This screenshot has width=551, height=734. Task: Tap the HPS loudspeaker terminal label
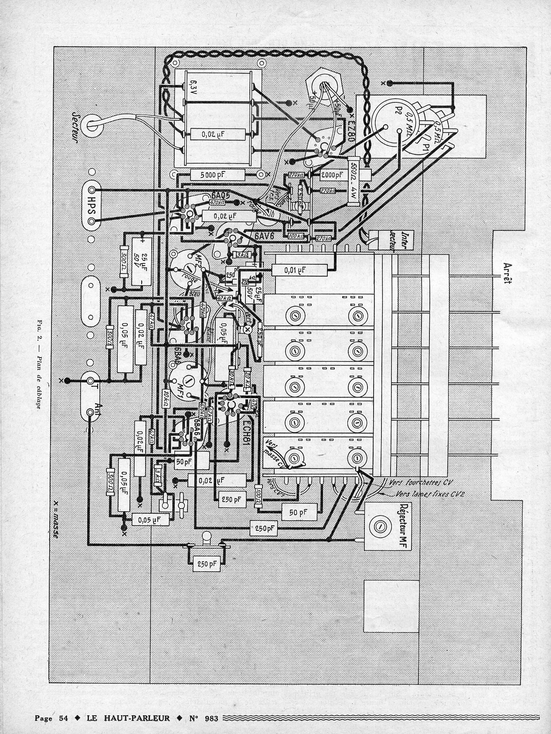(x=91, y=205)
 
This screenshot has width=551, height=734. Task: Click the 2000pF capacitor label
(x=333, y=175)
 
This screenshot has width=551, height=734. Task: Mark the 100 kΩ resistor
(x=296, y=236)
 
